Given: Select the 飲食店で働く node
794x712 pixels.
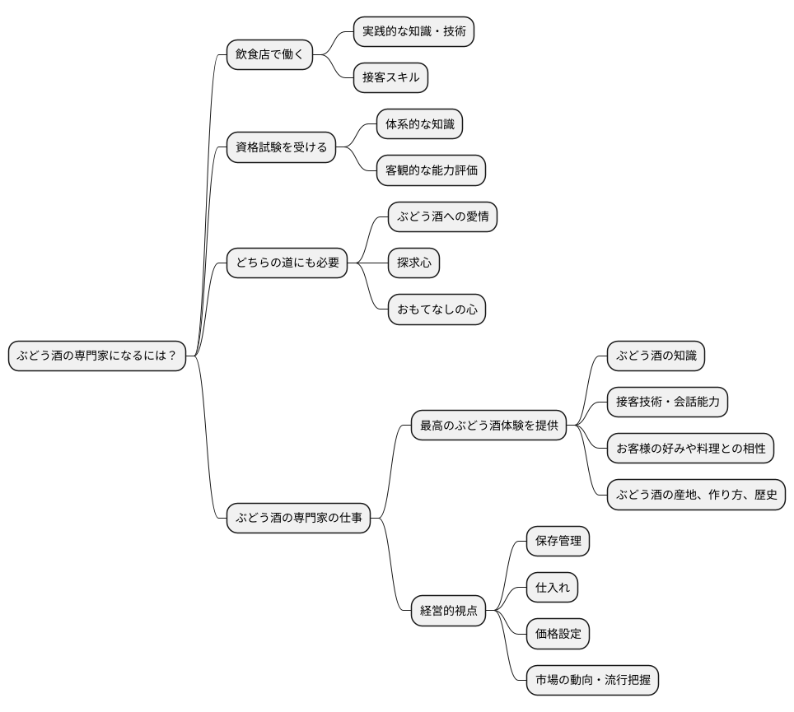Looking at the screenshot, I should [269, 56].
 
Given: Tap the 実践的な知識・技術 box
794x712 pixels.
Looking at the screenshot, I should [413, 32].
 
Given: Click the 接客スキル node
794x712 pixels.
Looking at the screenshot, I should [390, 78].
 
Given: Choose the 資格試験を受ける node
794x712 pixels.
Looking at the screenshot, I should [281, 148].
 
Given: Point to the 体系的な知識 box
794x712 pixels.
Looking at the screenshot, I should [419, 125].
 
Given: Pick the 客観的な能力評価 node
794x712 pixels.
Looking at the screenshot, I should [431, 171].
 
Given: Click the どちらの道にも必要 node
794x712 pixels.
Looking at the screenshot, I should [287, 263].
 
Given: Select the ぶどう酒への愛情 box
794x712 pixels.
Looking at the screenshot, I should [442, 217].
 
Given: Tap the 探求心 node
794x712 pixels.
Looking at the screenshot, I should [413, 263].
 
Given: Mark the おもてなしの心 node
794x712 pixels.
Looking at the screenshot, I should [437, 310].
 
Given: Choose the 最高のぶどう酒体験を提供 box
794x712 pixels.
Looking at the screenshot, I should [488, 426].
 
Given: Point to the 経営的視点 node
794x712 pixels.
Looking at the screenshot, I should [448, 611].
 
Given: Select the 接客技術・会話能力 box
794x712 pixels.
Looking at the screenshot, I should [667, 403].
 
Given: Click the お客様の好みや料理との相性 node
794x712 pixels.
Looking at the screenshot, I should [690, 449].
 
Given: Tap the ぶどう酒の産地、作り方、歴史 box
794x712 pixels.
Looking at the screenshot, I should [696, 496].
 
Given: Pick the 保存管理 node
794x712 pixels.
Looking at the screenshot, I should [558, 542].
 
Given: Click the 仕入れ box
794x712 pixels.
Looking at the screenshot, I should [552, 588].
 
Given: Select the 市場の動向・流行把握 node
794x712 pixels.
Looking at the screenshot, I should [592, 681].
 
